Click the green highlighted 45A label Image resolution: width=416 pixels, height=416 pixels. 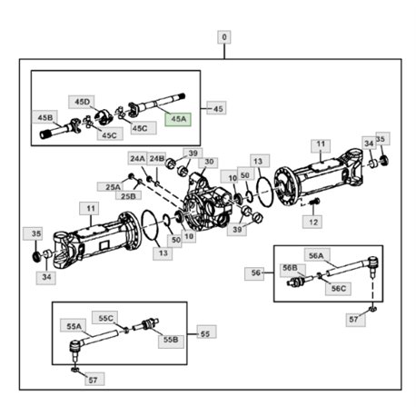tap(178, 119)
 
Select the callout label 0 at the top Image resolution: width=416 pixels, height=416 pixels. tap(224, 37)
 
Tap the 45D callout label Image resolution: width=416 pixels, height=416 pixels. tap(82, 102)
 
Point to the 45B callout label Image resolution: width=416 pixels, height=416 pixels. tap(45, 117)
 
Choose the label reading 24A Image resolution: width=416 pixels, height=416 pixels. tap(137, 158)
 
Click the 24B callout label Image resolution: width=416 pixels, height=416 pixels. tap(157, 158)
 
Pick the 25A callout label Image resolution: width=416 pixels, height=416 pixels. tap(113, 187)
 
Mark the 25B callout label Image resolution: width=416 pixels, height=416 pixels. tap(128, 196)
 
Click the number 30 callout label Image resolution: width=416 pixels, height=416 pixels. tap(209, 162)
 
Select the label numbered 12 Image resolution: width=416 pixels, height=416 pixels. tap(313, 223)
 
